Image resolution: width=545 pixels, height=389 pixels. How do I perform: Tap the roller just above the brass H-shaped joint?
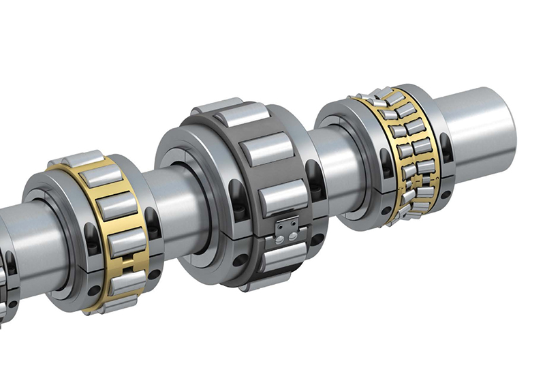[126, 241]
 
